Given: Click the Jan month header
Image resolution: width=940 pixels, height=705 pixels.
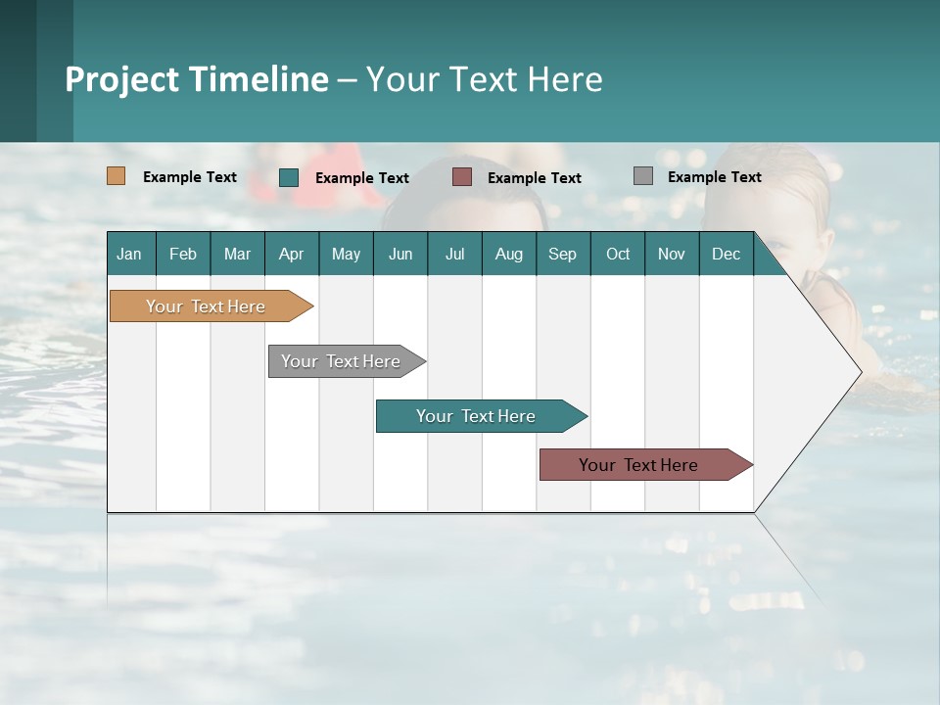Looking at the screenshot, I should [130, 254].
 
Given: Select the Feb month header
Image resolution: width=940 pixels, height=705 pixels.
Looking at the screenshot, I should [183, 254].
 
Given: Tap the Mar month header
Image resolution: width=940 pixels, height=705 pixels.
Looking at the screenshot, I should [237, 254].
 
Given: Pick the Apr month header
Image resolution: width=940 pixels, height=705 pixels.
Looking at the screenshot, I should [292, 254].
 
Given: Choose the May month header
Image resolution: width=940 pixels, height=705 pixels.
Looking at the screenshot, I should [346, 254].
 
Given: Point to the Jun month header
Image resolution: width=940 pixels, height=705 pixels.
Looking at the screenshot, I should [400, 254].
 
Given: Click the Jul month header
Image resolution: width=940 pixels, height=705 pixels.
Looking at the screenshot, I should [454, 254].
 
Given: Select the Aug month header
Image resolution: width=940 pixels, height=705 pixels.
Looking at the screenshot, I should [509, 254].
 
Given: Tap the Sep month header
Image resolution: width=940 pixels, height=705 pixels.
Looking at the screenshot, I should [563, 254].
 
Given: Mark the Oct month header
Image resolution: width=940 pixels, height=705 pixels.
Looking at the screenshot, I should [618, 254].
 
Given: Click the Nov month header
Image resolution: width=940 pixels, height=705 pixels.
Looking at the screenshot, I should [672, 254].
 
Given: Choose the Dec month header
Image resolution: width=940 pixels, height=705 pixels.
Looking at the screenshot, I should [726, 254].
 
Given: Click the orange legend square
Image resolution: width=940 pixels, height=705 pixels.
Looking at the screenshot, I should [117, 176].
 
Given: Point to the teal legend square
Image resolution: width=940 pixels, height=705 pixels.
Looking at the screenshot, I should [289, 177].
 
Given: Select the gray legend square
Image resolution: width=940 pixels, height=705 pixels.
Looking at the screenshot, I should [643, 176].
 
